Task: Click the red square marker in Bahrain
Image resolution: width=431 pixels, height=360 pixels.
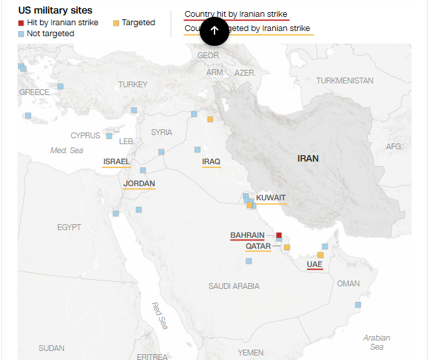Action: coord(279,235)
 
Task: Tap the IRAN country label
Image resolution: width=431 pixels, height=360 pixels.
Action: coord(308,158)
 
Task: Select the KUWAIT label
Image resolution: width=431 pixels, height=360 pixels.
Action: coord(271,198)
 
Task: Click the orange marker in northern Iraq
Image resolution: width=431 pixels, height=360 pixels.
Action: coord(210,119)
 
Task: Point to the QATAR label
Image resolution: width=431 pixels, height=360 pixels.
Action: coord(258,246)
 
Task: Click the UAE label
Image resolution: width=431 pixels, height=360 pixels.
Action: coord(315,264)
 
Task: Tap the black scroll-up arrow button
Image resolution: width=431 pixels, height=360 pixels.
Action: coord(215,30)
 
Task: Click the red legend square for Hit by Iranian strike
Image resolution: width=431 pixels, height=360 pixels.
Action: coord(21,23)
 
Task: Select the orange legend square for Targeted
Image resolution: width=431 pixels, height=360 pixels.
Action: coord(116,23)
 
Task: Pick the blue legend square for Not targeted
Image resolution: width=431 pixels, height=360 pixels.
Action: coord(21,34)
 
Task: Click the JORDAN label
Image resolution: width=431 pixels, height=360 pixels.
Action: coord(139,184)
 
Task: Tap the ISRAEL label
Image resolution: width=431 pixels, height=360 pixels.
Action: coord(116,162)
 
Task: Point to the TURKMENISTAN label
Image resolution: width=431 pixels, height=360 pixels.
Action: coord(344,81)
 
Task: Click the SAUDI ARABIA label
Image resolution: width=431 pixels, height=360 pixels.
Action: coord(234,286)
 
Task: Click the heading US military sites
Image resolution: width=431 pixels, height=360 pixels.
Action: coord(55,10)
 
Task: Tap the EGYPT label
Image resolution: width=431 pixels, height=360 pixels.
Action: coord(69,227)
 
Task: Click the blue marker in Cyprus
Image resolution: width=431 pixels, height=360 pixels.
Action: coord(109,136)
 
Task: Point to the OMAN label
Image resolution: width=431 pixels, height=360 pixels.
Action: coord(348,284)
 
